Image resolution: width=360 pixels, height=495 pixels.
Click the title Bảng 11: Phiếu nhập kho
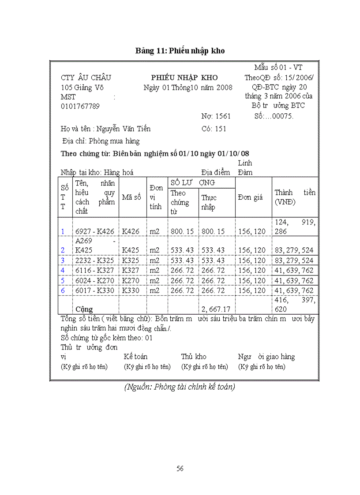(x=180, y=51)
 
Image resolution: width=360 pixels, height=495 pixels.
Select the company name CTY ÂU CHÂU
(x=86, y=78)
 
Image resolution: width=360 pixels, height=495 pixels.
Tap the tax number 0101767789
(x=80, y=106)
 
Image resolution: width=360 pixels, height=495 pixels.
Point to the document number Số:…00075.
(x=274, y=116)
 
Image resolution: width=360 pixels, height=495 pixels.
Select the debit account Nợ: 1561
(x=216, y=116)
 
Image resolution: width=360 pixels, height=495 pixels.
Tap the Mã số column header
(x=131, y=197)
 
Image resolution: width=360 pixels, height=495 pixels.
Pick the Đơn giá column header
(x=250, y=197)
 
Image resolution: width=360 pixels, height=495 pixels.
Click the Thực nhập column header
(x=209, y=202)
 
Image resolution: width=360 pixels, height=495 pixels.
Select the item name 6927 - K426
(x=95, y=231)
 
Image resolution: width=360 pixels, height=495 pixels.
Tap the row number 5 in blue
(x=63, y=281)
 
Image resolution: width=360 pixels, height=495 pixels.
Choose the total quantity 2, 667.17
(x=216, y=309)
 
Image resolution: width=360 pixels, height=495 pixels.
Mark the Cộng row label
(x=84, y=309)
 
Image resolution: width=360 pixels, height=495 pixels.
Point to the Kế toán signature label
(x=136, y=357)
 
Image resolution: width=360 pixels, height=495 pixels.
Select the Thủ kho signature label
(x=193, y=357)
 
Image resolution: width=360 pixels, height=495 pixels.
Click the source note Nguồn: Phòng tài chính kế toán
(x=180, y=387)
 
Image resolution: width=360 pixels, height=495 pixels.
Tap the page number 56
(x=180, y=469)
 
